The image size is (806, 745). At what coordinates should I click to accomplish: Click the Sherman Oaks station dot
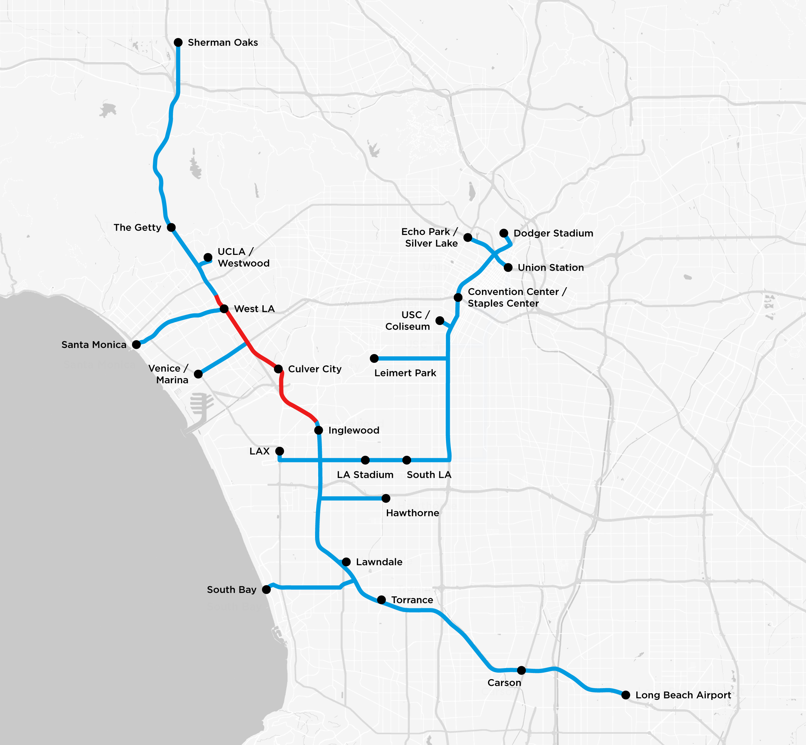pyautogui.click(x=178, y=42)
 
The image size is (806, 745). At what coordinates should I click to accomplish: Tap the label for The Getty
pyautogui.click(x=137, y=227)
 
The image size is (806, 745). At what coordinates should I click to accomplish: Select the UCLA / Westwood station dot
pyautogui.click(x=208, y=257)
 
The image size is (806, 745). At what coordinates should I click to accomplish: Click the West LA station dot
pyautogui.click(x=224, y=309)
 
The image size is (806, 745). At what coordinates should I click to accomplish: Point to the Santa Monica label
pyautogui.click(x=94, y=345)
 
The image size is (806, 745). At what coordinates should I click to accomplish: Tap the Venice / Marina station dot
pyautogui.click(x=198, y=374)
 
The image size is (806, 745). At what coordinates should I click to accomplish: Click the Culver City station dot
pyautogui.click(x=278, y=369)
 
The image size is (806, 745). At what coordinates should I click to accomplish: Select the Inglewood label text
pyautogui.click(x=354, y=430)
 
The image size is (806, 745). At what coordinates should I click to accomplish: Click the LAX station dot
pyautogui.click(x=280, y=451)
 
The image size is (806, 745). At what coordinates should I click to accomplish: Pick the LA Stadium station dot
pyautogui.click(x=365, y=460)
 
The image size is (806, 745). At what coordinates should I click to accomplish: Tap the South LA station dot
pyautogui.click(x=407, y=460)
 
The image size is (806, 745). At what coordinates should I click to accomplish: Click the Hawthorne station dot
pyautogui.click(x=386, y=498)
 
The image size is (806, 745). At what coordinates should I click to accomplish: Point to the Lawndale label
pyautogui.click(x=379, y=562)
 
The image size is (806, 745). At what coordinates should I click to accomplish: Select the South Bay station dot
pyautogui.click(x=266, y=589)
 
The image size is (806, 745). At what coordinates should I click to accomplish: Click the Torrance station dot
pyautogui.click(x=381, y=600)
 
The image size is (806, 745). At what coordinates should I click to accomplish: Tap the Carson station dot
pyautogui.click(x=521, y=670)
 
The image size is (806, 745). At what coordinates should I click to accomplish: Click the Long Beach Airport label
pyautogui.click(x=683, y=695)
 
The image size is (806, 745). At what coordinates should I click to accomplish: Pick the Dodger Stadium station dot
pyautogui.click(x=504, y=233)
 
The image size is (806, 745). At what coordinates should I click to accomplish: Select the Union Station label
pyautogui.click(x=550, y=268)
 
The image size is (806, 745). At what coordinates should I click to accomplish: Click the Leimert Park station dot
pyautogui.click(x=374, y=358)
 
